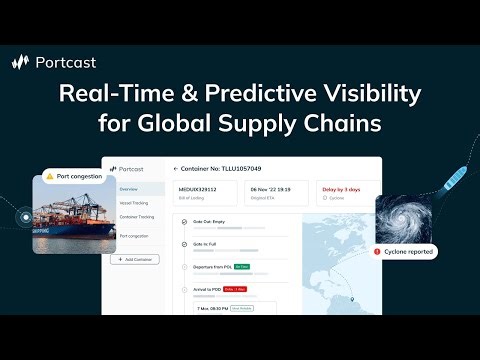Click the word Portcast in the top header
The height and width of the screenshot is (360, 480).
click(x=66, y=62)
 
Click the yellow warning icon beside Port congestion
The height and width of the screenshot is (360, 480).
click(x=49, y=176)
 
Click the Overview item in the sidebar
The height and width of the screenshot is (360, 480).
click(x=129, y=188)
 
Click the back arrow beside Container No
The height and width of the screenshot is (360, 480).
click(x=175, y=169)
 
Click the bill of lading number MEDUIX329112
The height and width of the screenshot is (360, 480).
click(x=198, y=186)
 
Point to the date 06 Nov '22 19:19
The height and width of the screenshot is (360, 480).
click(x=270, y=186)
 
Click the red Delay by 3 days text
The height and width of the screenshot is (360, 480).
click(x=340, y=186)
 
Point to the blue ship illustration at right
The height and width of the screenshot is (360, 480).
click(x=445, y=178)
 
